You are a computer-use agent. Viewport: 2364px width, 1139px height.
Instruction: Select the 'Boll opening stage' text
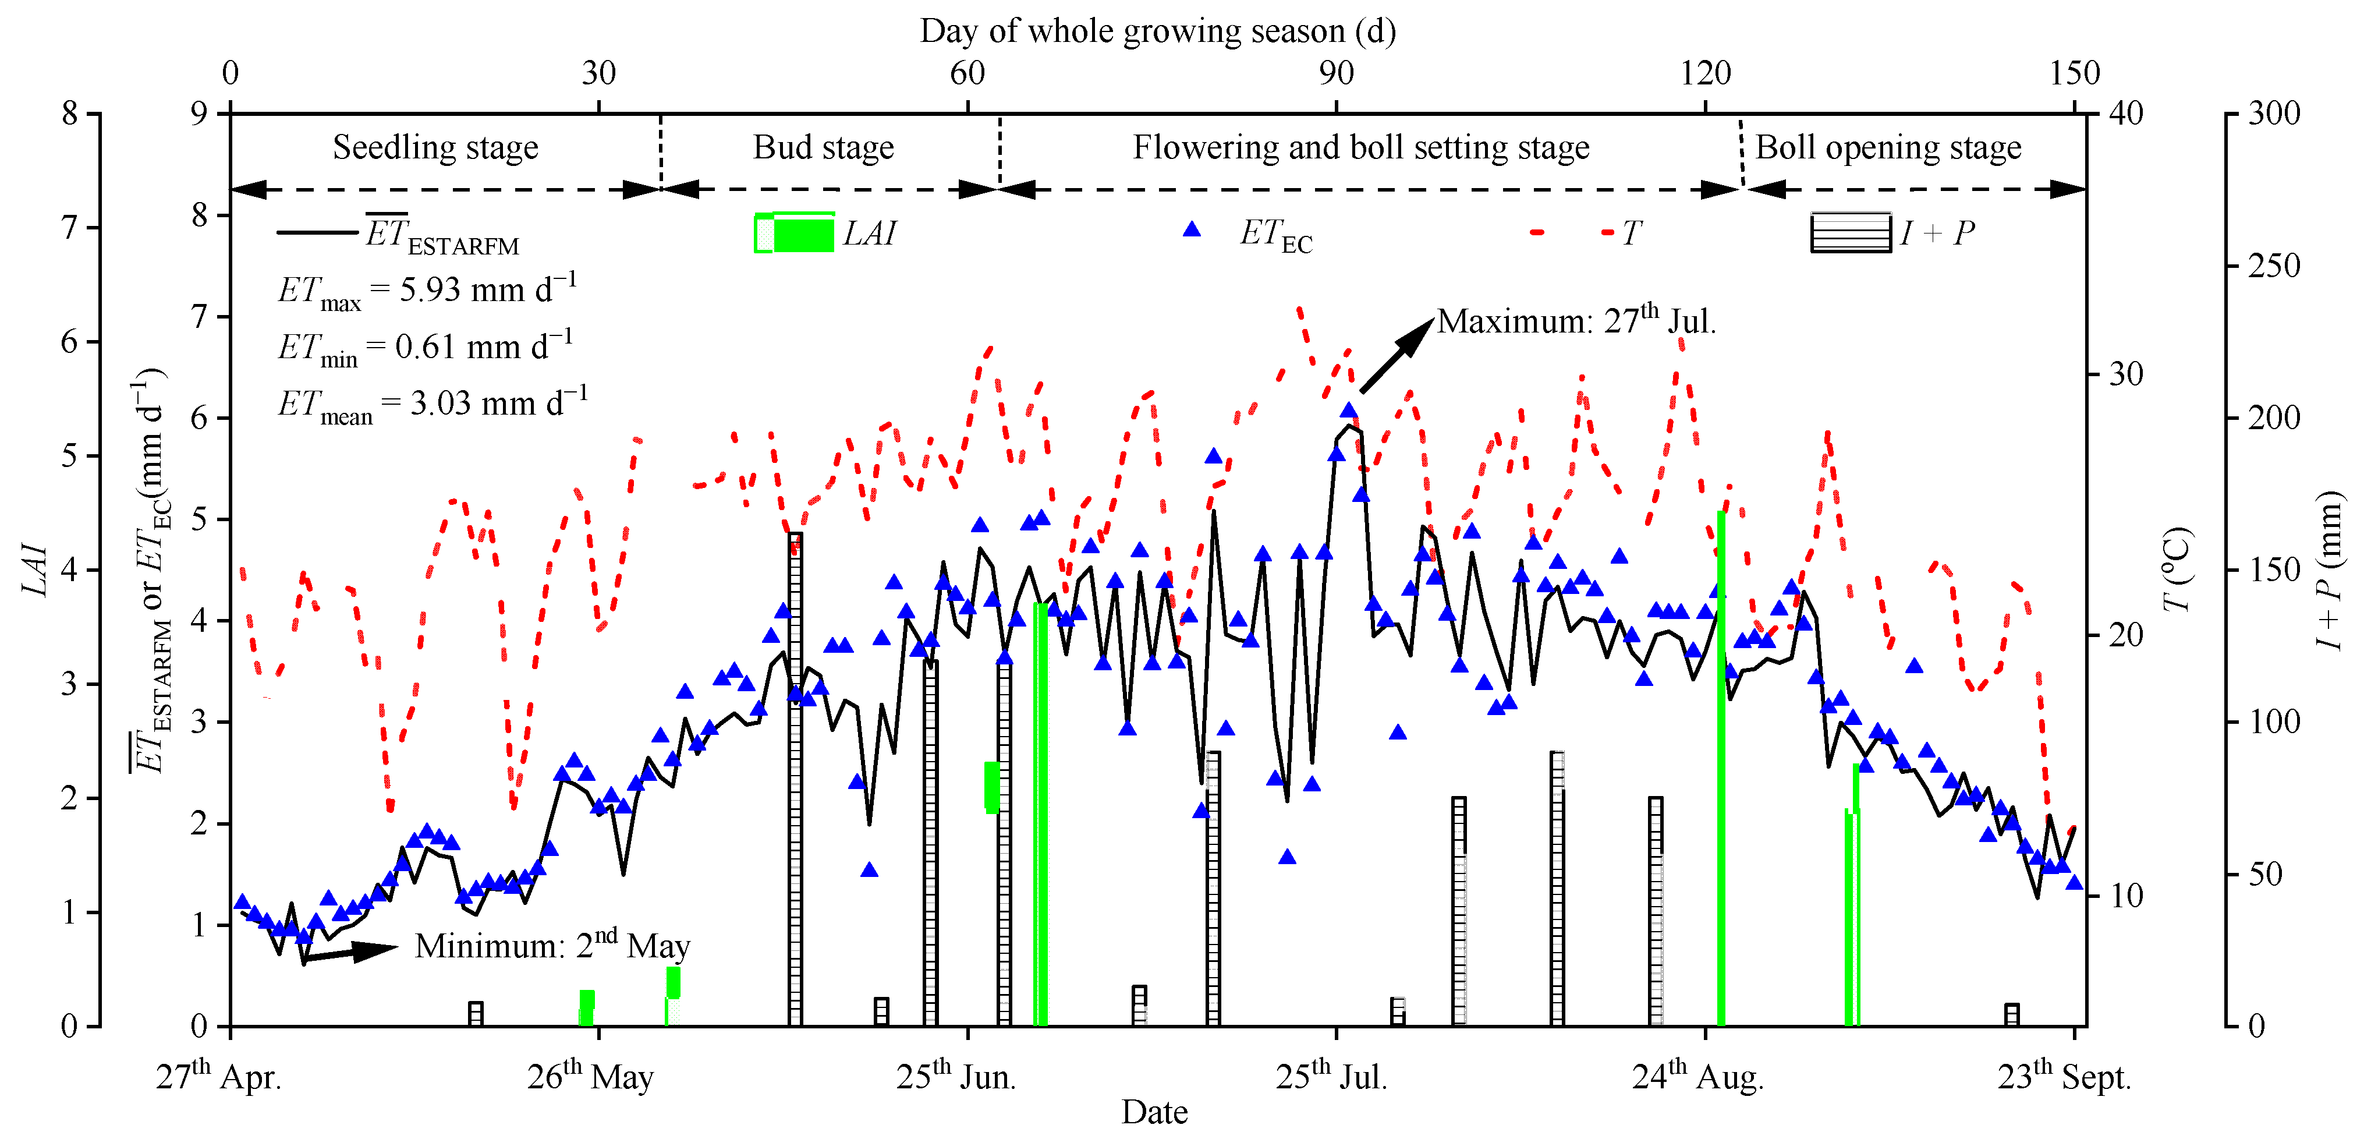click(1888, 148)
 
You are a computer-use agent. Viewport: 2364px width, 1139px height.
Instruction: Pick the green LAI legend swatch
click(795, 233)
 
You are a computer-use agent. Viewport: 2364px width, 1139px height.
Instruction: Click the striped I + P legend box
click(1850, 232)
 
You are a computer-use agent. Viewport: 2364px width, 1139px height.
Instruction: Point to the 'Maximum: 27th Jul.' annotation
click(1576, 320)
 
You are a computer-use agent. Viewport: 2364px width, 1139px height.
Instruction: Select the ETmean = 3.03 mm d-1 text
click(433, 404)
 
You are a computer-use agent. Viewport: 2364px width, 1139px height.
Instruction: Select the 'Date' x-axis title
click(1154, 1112)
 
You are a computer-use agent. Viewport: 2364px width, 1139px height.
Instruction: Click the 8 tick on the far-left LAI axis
click(70, 114)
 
